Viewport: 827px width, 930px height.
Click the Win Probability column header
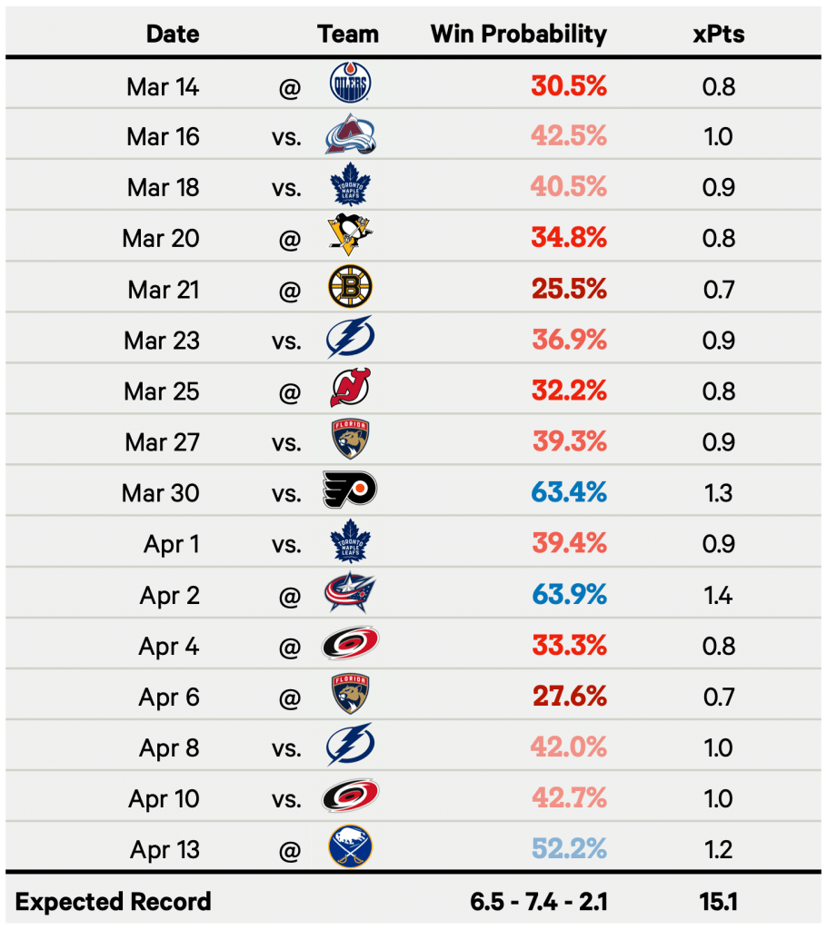pyautogui.click(x=518, y=35)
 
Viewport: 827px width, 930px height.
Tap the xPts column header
pyautogui.click(x=718, y=35)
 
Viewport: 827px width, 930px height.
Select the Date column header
pyautogui.click(x=173, y=35)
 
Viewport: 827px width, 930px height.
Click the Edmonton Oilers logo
pyautogui.click(x=350, y=86)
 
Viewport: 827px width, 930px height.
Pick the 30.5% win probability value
pyautogui.click(x=569, y=86)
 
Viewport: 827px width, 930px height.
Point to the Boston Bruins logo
pyautogui.click(x=350, y=289)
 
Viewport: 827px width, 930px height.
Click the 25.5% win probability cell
pyautogui.click(x=569, y=289)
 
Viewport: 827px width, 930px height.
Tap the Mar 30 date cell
pyautogui.click(x=161, y=493)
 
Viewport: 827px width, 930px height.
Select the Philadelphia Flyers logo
pyautogui.click(x=350, y=491)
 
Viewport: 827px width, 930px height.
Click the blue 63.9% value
pyautogui.click(x=569, y=595)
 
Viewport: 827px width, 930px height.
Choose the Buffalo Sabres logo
pyautogui.click(x=350, y=849)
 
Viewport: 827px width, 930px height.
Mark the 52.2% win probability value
pyautogui.click(x=569, y=849)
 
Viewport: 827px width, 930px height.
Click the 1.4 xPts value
pyautogui.click(x=718, y=595)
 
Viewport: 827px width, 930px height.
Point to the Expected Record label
pyautogui.click(x=114, y=902)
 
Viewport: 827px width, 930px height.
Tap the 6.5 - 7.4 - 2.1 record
pyautogui.click(x=539, y=902)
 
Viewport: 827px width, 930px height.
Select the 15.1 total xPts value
pyautogui.click(x=718, y=902)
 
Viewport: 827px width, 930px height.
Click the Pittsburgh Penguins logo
pyautogui.click(x=350, y=238)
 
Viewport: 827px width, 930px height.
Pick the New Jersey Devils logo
pyautogui.click(x=350, y=391)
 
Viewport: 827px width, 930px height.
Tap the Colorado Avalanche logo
pyautogui.click(x=350, y=137)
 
